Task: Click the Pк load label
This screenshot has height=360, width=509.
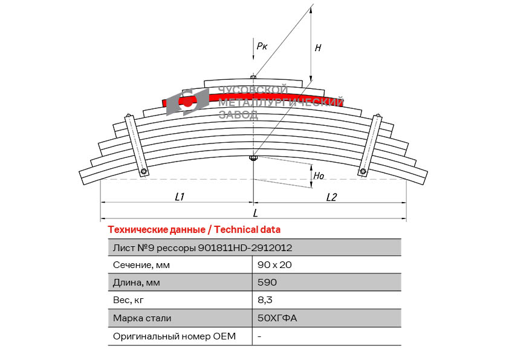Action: point(262,46)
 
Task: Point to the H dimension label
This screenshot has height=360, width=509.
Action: point(318,48)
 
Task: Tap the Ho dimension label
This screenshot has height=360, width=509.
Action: point(319,176)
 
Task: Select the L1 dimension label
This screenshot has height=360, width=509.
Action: point(180,197)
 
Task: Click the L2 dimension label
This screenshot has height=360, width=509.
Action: point(331,197)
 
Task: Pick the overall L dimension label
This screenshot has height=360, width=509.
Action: point(256,213)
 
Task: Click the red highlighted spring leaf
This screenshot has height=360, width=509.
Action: point(253,99)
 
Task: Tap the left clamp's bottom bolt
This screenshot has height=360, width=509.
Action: point(143,171)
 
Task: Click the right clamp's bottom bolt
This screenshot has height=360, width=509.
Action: point(363,171)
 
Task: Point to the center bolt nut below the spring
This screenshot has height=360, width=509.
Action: point(253,159)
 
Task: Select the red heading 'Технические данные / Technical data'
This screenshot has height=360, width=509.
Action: point(194,230)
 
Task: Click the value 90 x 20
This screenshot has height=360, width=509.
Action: point(274,265)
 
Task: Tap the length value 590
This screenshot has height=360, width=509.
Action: point(267,282)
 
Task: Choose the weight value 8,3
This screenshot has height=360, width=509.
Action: point(265,300)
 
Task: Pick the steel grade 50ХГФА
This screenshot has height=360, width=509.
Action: point(277,318)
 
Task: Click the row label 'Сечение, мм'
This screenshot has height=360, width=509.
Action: point(141,265)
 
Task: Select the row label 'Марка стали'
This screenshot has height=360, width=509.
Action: point(142,318)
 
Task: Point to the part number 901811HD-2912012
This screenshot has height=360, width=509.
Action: point(245,248)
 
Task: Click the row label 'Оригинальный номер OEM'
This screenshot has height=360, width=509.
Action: point(174,336)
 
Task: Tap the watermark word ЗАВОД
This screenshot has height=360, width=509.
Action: point(239,114)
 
